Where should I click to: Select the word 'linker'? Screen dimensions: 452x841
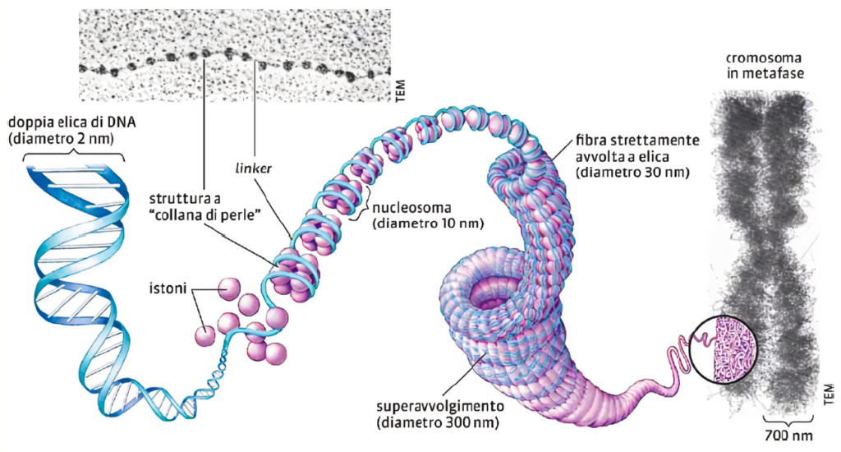click(x=258, y=168)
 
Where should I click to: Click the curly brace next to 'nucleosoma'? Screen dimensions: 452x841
click(x=359, y=213)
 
